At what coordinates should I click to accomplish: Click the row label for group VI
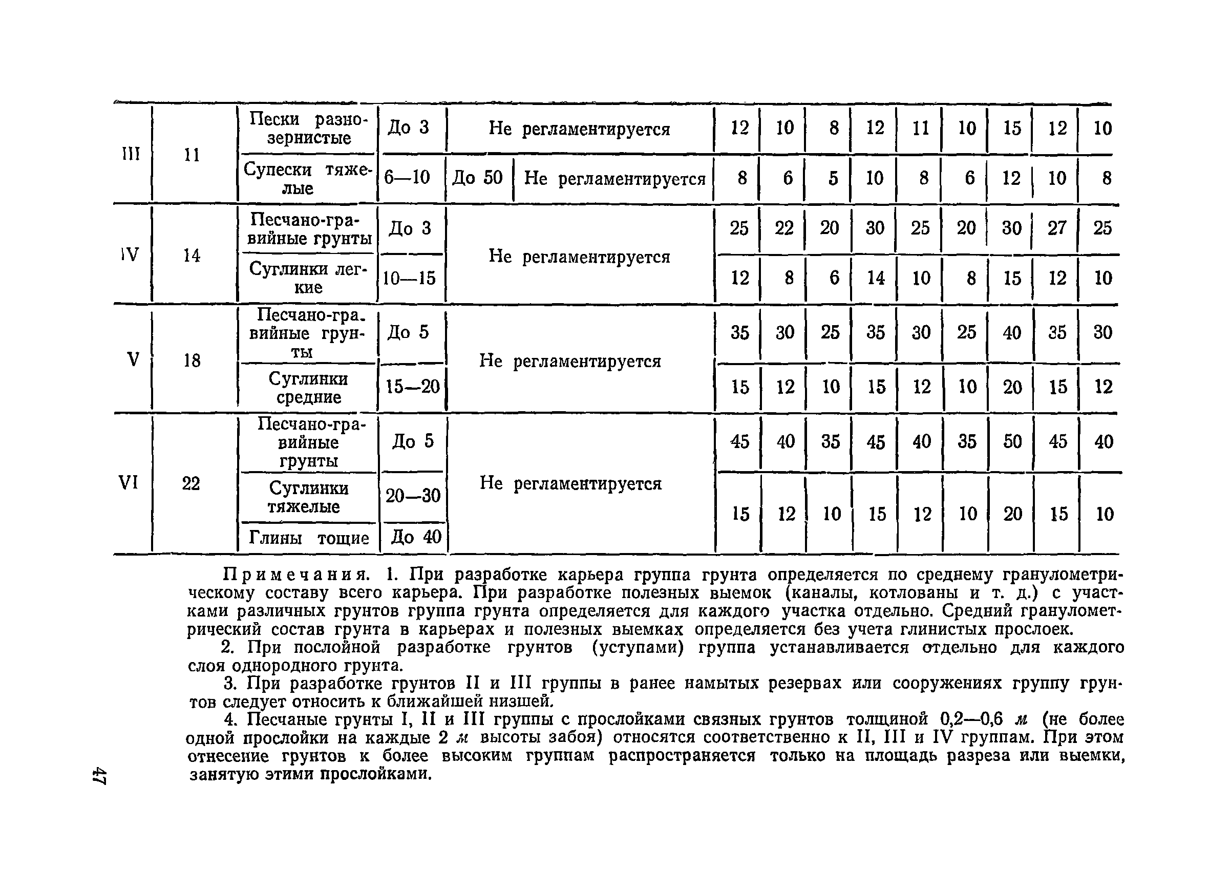[x=128, y=483]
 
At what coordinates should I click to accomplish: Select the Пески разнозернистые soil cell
[x=309, y=129]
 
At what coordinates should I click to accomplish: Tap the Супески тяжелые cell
[x=308, y=179]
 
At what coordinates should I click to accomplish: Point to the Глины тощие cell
[x=309, y=538]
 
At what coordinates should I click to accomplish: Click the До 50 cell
[x=478, y=178]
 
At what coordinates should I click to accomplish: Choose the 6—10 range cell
[x=407, y=178]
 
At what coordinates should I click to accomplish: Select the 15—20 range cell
[x=413, y=387]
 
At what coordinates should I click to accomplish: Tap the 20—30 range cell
[x=413, y=496]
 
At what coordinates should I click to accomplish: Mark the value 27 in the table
[x=1056, y=228]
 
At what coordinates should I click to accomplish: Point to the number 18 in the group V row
[x=192, y=361]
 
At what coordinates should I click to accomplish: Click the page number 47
[x=99, y=776]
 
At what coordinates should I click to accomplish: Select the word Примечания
[x=295, y=575]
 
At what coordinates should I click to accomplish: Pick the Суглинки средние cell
[x=308, y=388]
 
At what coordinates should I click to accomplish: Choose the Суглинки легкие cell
[x=308, y=278]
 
